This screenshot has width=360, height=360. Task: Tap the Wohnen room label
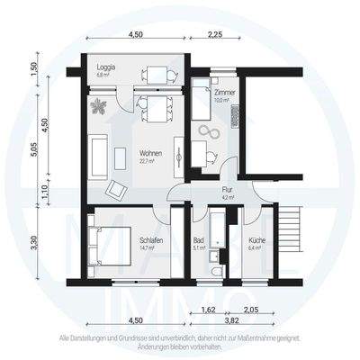click(135, 155)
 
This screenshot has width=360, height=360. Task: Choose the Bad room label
click(200, 240)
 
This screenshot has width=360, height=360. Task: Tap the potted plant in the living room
click(99, 106)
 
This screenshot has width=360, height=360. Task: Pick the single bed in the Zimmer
click(199, 106)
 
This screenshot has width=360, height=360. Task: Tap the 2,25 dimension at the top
click(216, 34)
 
